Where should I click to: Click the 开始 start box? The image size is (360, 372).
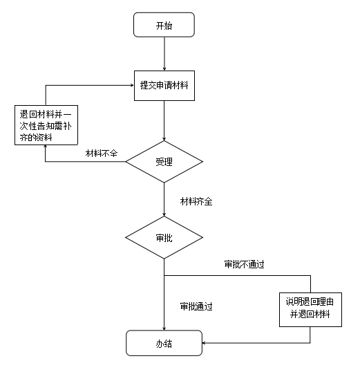click(164, 25)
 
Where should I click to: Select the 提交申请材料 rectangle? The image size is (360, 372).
click(164, 86)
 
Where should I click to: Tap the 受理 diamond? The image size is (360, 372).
click(164, 162)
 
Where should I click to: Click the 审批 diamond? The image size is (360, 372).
click(164, 237)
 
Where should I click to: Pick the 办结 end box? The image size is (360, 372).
click(164, 343)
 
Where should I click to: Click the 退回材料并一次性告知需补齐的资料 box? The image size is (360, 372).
click(46, 125)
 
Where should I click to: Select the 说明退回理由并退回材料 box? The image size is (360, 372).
click(310, 310)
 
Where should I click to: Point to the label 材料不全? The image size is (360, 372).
click(102, 154)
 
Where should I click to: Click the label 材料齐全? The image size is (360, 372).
click(196, 201)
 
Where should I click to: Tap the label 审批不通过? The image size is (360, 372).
click(245, 264)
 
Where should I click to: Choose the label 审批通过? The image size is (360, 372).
click(196, 306)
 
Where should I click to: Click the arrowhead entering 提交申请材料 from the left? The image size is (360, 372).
click(133, 86)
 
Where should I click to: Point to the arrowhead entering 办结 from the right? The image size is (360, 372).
click(204, 343)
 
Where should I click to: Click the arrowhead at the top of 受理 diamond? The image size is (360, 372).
click(164, 139)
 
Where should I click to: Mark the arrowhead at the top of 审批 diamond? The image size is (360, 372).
click(164, 214)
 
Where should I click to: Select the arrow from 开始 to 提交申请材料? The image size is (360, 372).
click(164, 54)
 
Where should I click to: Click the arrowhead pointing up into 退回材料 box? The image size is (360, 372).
click(46, 147)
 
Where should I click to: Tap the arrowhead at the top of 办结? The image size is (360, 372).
click(164, 328)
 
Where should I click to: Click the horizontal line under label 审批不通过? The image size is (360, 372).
click(238, 275)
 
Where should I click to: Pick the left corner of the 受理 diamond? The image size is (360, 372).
click(126, 162)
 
